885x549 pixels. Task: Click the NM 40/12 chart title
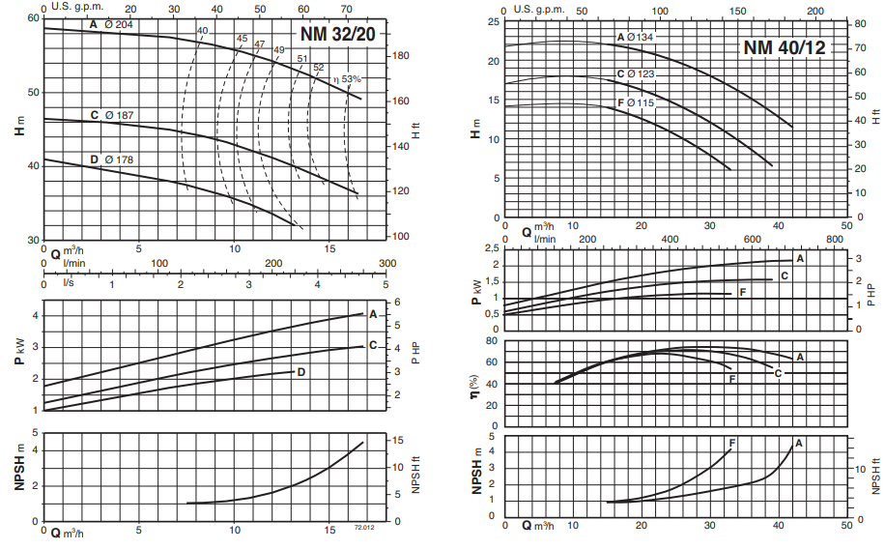pos(784,47)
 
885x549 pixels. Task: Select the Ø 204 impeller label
pos(118,23)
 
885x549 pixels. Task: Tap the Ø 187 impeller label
pos(120,116)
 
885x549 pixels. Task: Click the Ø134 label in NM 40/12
pos(640,38)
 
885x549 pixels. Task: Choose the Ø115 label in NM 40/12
pos(640,102)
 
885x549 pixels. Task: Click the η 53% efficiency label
pos(346,79)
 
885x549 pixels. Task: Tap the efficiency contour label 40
pos(202,31)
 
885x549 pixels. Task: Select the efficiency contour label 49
pos(279,49)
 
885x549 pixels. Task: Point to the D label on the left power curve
pos(301,371)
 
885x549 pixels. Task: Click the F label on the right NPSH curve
pos(732,443)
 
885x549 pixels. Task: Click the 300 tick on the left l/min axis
pos(386,263)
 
